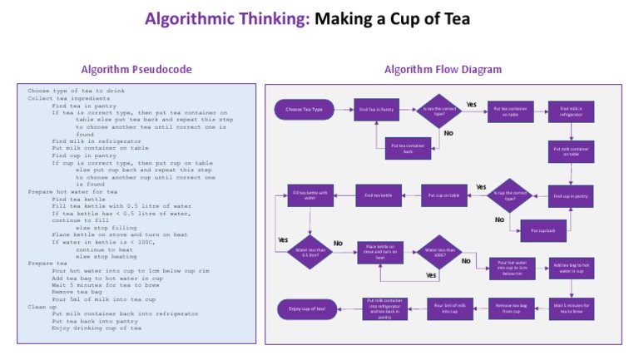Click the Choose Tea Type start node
(304, 109)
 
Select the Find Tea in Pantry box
(376, 109)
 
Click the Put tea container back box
(408, 148)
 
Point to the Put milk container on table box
(571, 151)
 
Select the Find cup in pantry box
(571, 197)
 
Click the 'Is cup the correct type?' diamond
(509, 197)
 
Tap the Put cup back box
(543, 229)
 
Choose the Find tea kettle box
(380, 196)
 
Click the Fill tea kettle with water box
(310, 196)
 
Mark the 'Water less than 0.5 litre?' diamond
(309, 250)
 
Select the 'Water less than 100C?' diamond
(440, 251)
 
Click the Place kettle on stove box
(380, 251)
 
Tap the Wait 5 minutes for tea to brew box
(571, 308)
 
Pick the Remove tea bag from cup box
(509, 308)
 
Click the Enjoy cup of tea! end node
(307, 308)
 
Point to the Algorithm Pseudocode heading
(136, 69)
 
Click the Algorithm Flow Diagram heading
(443, 69)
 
